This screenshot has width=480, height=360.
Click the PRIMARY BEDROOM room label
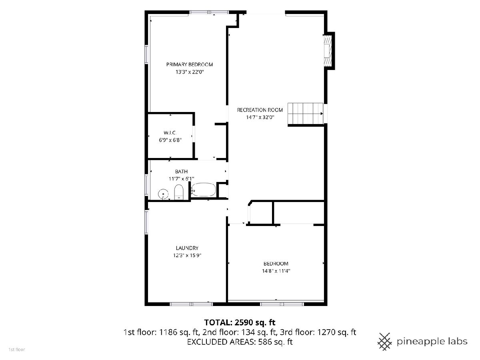[189, 64]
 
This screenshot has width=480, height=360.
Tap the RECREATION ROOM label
[260, 110]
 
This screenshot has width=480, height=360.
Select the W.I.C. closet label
[170, 133]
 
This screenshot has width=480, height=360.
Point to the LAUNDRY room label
[187, 248]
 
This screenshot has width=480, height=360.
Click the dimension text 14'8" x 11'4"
[276, 271]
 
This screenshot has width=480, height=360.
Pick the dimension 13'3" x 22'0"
[190, 72]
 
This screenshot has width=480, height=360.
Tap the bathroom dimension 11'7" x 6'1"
[181, 178]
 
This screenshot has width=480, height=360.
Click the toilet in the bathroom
[178, 192]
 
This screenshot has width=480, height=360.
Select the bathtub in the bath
[203, 190]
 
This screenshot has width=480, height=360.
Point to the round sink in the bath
[163, 194]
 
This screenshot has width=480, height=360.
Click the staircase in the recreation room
[305, 114]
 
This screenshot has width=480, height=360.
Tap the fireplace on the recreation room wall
[327, 50]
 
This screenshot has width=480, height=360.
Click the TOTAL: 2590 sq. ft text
[240, 322]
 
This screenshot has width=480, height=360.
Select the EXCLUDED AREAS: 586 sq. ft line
[240, 342]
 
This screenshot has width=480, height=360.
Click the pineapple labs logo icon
[385, 342]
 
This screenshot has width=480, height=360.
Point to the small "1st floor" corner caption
[17, 350]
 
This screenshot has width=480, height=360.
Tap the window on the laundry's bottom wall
[191, 304]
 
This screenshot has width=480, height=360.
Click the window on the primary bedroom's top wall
[209, 12]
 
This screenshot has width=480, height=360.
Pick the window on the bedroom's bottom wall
[282, 304]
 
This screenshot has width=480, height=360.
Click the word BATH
[181, 171]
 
